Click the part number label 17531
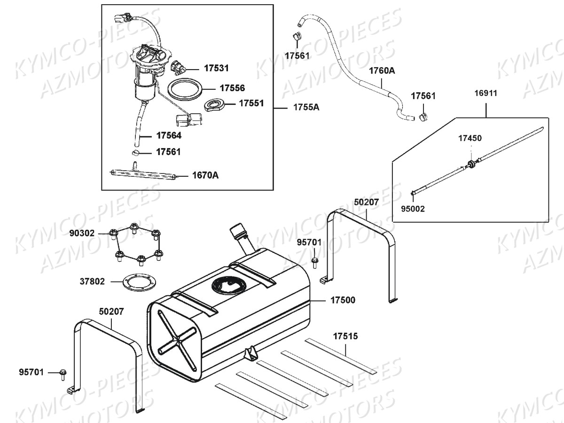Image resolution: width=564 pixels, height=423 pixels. pyautogui.click(x=216, y=68)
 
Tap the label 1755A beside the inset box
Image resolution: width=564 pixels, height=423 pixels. pyautogui.click(x=306, y=107)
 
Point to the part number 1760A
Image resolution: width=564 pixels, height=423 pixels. pyautogui.click(x=382, y=71)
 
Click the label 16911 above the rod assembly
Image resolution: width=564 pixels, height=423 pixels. pyautogui.click(x=486, y=93)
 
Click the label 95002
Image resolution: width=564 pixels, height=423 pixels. pyautogui.click(x=413, y=209)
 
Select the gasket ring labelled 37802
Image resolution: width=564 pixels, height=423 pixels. pyautogui.click(x=137, y=282)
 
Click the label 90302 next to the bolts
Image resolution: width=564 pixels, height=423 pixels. pyautogui.click(x=82, y=233)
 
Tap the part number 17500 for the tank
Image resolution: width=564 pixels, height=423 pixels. pyautogui.click(x=343, y=300)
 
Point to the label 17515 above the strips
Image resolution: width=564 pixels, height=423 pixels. pyautogui.click(x=345, y=336)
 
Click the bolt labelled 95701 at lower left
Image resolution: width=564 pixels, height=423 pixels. pyautogui.click(x=63, y=373)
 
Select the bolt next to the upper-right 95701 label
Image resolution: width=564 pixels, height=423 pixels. pyautogui.click(x=314, y=260)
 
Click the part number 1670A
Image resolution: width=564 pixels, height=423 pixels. pyautogui.click(x=205, y=176)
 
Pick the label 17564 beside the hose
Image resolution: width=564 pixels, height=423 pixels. pyautogui.click(x=169, y=135)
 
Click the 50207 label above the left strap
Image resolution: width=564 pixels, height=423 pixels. pyautogui.click(x=111, y=311)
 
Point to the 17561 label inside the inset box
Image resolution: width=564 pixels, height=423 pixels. pyautogui.click(x=168, y=152)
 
